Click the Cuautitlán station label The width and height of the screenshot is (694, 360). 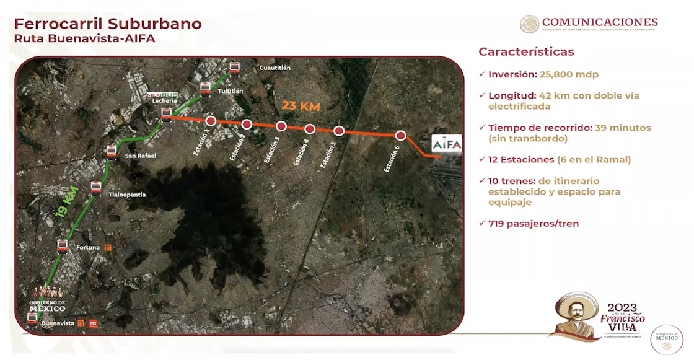pos(275,68)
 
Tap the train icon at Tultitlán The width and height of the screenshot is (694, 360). pos(206,89)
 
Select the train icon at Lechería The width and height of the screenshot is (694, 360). pos(166,113)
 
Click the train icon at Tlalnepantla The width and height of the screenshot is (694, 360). pos(96,187)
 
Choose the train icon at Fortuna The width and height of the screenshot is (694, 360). pos(62,245)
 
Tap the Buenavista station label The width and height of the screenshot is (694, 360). pos(58,323)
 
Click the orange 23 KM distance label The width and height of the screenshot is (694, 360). pos(301,106)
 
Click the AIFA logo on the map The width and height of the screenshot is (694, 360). pos(447,144)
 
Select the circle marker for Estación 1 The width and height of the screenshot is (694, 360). pos(211,121)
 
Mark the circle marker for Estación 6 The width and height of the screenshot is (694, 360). pos(401,136)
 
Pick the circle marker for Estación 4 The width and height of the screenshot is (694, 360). pos(310,129)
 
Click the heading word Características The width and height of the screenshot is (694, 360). pos(526,52)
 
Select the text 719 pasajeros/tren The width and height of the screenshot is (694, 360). pos(534,224)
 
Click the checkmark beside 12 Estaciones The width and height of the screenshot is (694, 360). pos(482,159)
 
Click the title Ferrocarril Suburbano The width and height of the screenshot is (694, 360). pos(108,24)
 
